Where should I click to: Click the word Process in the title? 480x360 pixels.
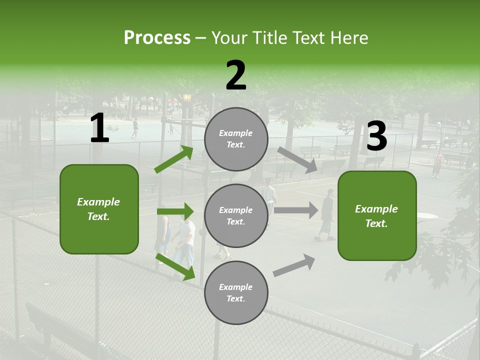[157, 37]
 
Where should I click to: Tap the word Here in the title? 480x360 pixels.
[346, 37]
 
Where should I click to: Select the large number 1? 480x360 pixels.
[99, 128]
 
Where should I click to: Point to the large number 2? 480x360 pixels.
[236, 75]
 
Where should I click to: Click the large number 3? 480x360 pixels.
[376, 136]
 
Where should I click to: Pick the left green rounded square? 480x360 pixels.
[99, 209]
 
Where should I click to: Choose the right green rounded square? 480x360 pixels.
[377, 215]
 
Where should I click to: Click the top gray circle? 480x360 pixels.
[236, 138]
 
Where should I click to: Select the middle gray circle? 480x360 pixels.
[236, 215]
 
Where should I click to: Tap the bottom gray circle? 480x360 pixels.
[236, 292]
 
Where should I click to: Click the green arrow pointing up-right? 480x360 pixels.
[174, 159]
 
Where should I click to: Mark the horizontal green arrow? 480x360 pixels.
[175, 211]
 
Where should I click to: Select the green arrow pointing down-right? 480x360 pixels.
[175, 266]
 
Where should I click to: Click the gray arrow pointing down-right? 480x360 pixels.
[297, 159]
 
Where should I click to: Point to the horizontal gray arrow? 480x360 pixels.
[296, 210]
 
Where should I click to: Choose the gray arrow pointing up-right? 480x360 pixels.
[294, 265]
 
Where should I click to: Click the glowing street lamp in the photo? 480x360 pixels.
[187, 98]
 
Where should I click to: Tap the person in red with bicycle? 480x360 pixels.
[437, 163]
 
